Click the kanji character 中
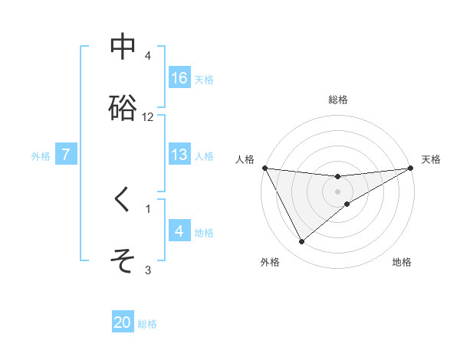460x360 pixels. (123, 47)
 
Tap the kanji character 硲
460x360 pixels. (123, 108)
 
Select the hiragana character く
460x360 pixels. (123, 200)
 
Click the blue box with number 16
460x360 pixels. (179, 78)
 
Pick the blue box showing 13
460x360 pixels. (179, 155)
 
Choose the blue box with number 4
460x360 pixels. (179, 231)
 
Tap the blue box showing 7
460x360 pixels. (66, 155)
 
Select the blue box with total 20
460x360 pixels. (123, 322)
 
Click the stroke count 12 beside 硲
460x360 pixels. (148, 117)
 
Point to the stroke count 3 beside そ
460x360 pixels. (148, 270)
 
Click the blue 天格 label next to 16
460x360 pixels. (204, 79)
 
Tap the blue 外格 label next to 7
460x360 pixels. (41, 155)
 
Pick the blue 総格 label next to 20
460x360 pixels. (147, 323)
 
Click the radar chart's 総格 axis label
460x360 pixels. (337, 100)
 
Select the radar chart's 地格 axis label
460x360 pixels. (402, 263)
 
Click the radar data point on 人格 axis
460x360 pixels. (264, 168)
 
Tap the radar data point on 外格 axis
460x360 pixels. (301, 242)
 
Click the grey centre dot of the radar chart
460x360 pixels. (337, 191)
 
